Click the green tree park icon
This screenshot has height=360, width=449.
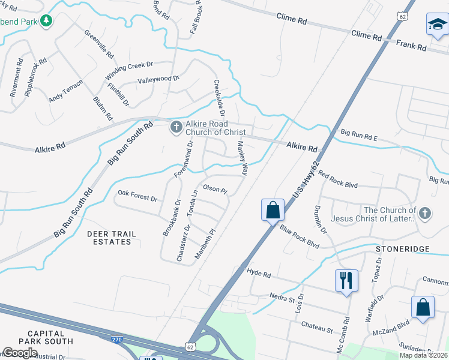[x=46, y=21]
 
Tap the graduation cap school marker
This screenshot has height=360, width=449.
[x=438, y=26]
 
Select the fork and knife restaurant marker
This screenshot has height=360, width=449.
[x=346, y=281]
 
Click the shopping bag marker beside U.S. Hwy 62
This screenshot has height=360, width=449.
[x=273, y=211]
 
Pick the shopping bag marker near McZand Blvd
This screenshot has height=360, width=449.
[x=423, y=307]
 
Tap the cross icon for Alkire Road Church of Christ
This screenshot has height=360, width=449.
[x=176, y=127]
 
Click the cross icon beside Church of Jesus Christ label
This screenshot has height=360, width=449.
[x=425, y=213]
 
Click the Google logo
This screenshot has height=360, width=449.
[x=19, y=353]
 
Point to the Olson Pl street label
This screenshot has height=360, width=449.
[x=215, y=188]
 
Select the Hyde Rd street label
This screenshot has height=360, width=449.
[x=259, y=274]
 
